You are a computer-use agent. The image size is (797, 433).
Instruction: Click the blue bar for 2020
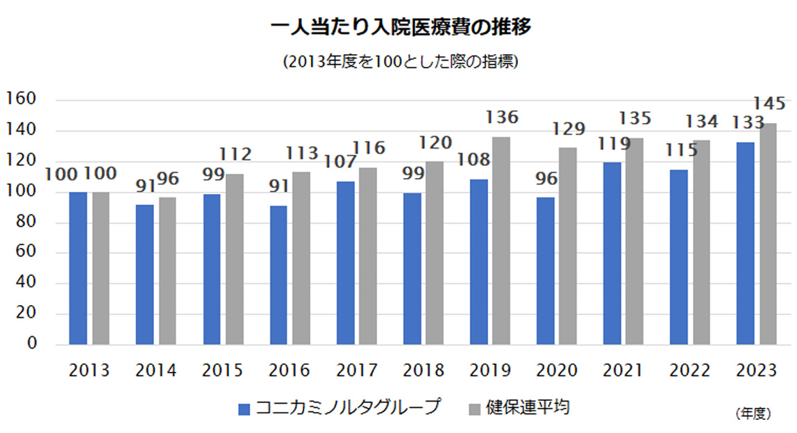point(546,270)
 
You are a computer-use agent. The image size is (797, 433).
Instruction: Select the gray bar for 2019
point(501,240)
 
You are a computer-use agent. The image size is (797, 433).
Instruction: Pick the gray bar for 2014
point(167,270)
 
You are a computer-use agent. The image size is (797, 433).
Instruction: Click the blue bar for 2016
point(278,275)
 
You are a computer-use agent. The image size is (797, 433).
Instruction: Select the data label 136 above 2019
point(501,117)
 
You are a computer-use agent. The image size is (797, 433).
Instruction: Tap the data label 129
point(568,129)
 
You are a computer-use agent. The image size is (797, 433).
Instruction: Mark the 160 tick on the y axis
point(22,99)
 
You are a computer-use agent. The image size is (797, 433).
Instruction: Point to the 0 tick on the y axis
point(31,344)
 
